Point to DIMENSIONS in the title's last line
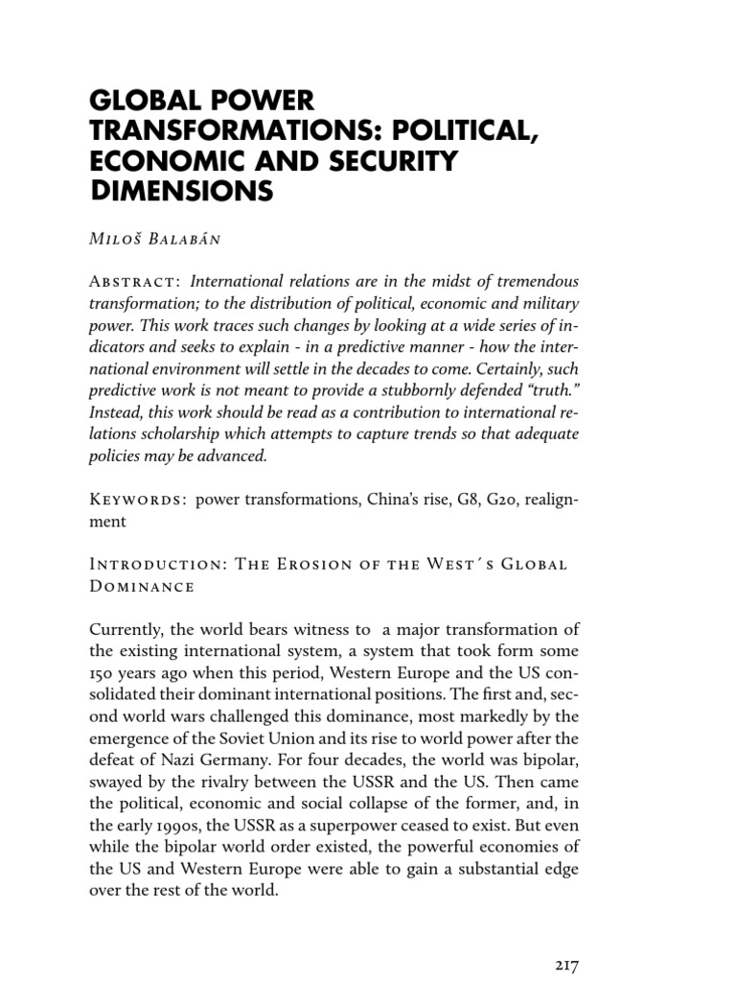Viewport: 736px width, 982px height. point(181,192)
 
